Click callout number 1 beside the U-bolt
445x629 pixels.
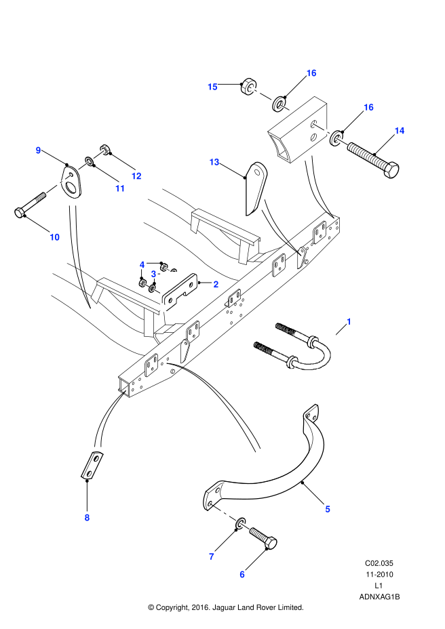pos(349,321)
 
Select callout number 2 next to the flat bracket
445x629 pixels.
pos(216,285)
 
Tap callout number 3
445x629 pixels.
pos(153,274)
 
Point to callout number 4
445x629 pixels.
pos(142,264)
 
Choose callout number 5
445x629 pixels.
pos(328,509)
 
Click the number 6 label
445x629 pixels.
pos(242,574)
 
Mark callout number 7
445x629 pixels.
pos(212,556)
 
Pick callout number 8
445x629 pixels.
pos(87,518)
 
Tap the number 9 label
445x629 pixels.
pos(38,150)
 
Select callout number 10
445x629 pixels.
pos(54,237)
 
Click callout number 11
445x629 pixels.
pos(120,188)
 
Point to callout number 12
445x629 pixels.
pos(136,176)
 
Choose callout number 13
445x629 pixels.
pos(214,162)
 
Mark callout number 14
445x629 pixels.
pos(400,131)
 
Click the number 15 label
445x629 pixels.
pos(212,87)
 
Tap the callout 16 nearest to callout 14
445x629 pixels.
pos(368,107)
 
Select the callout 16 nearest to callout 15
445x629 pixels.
pos(311,73)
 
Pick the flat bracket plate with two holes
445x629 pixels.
pos(179,292)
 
